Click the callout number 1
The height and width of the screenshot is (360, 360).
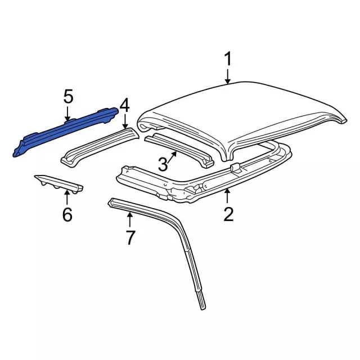pyautogui.click(x=228, y=58)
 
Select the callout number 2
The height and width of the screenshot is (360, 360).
pyautogui.click(x=228, y=214)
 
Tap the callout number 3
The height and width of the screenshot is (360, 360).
pyautogui.click(x=163, y=164)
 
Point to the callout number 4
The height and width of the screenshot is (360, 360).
pyautogui.click(x=125, y=106)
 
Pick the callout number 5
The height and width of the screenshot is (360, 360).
pyautogui.click(x=68, y=96)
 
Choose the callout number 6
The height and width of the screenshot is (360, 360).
pyautogui.click(x=67, y=214)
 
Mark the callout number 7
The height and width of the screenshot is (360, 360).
pyautogui.click(x=130, y=237)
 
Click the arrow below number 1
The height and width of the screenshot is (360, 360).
pyautogui.click(x=227, y=76)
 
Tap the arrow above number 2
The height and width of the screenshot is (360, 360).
pyautogui.click(x=227, y=195)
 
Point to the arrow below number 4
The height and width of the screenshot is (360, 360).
pyautogui.click(x=125, y=121)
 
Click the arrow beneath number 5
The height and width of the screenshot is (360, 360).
pyautogui.click(x=67, y=114)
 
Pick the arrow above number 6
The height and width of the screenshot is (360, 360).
pyautogui.click(x=67, y=197)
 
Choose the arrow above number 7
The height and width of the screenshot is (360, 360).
pyautogui.click(x=130, y=220)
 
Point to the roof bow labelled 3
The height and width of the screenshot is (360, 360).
pyautogui.click(x=179, y=149)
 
